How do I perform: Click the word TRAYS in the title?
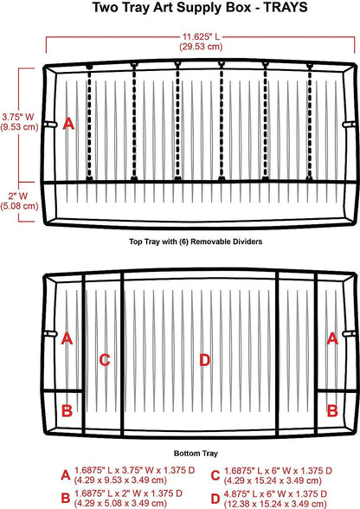(x=286, y=7)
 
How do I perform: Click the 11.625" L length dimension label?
(x=201, y=36)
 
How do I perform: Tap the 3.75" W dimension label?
(x=18, y=117)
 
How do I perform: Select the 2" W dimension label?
(x=18, y=196)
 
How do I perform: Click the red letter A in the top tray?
(x=68, y=124)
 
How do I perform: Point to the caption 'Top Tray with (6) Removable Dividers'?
(x=196, y=242)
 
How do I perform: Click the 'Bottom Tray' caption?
(x=196, y=454)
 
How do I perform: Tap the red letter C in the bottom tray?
(x=105, y=360)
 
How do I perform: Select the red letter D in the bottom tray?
(x=204, y=360)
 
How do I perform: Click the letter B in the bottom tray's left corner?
(x=67, y=410)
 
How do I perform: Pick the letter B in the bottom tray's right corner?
(x=332, y=410)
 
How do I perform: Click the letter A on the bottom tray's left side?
(x=67, y=338)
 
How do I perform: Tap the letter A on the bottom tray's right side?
(x=332, y=338)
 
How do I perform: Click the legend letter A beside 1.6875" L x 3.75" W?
(x=66, y=475)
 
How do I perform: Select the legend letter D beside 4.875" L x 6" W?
(x=215, y=499)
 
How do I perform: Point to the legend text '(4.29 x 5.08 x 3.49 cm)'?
(x=120, y=504)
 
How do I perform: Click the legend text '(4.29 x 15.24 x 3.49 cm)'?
(x=273, y=480)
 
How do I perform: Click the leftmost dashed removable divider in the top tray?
(x=89, y=123)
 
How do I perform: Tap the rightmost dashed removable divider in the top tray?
(x=309, y=123)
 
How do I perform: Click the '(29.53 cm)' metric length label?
(x=201, y=47)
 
